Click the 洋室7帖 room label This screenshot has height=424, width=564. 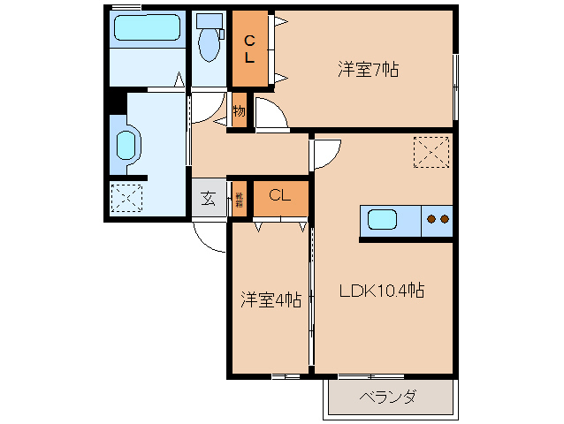pos(367,68)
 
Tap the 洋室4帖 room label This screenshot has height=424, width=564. pos(271,300)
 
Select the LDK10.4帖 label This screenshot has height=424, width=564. pos(383,290)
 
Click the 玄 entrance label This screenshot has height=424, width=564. pos(208,199)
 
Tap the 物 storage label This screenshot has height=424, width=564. pos(239,111)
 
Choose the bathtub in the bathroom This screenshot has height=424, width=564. pos(147,30)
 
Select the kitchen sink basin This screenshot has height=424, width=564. pos(385,219)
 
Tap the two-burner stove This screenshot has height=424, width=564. pos(438,219)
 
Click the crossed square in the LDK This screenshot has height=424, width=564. pos(432,152)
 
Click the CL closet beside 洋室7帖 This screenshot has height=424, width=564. pos(250,48)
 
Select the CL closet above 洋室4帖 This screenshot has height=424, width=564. pos(280,196)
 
